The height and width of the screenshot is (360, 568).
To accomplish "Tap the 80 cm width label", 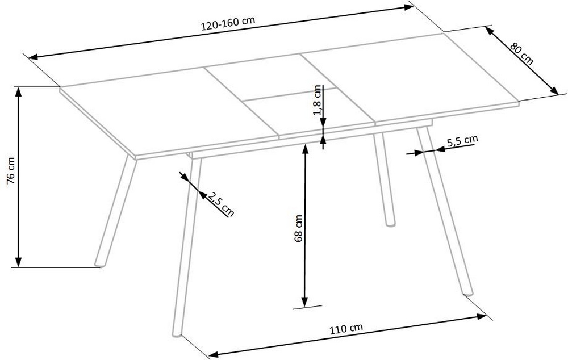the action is tap(521, 53).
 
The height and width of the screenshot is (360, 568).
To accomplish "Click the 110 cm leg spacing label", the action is tap(346, 328).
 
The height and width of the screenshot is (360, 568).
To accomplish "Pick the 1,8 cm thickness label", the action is tap(318, 100).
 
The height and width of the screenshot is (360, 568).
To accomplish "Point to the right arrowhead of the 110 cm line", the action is tap(482, 317).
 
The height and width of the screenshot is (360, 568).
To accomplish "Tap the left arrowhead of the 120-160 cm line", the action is tap(34, 57).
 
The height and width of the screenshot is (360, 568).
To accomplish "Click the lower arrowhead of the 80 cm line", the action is tap(553, 90).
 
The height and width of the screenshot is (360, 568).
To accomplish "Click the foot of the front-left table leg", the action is tap(177, 334).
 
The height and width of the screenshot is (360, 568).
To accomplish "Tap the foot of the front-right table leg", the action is tap(469, 293).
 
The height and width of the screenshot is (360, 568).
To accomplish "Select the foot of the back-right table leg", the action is tap(390, 224).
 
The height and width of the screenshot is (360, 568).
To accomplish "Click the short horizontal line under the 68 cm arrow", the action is tap(307, 307).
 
